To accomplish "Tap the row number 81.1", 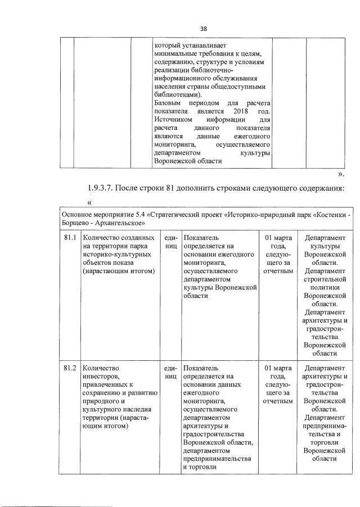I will point(70,238).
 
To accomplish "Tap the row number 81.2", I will point(70,368).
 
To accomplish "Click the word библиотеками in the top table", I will point(176,96).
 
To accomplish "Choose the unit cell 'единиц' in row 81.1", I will point(170,242).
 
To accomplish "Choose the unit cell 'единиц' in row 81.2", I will point(170,372).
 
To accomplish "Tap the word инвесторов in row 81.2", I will point(102,376).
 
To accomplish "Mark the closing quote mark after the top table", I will point(340,174).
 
